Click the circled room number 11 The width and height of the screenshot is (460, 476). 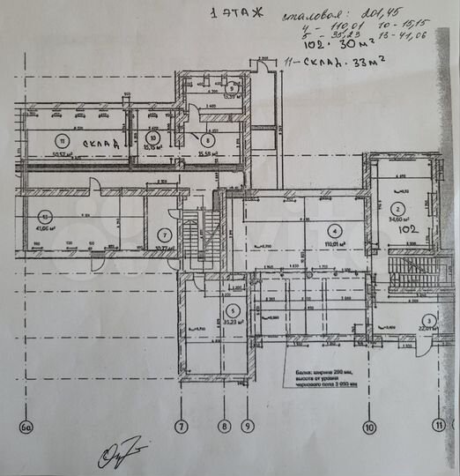62,139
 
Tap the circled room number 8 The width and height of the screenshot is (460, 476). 207,139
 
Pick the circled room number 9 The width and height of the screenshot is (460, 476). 228,88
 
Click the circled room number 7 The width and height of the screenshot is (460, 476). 163,235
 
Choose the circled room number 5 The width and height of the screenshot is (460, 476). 232,310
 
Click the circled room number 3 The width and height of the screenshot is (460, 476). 427,320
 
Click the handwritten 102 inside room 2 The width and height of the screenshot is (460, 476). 406,228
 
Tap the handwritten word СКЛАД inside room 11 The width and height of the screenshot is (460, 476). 102,142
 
